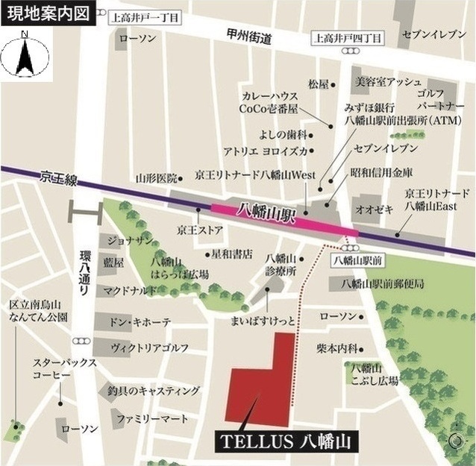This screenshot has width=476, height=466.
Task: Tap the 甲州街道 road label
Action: click(x=250, y=38)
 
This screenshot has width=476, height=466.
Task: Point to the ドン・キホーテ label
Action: click(x=140, y=321)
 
